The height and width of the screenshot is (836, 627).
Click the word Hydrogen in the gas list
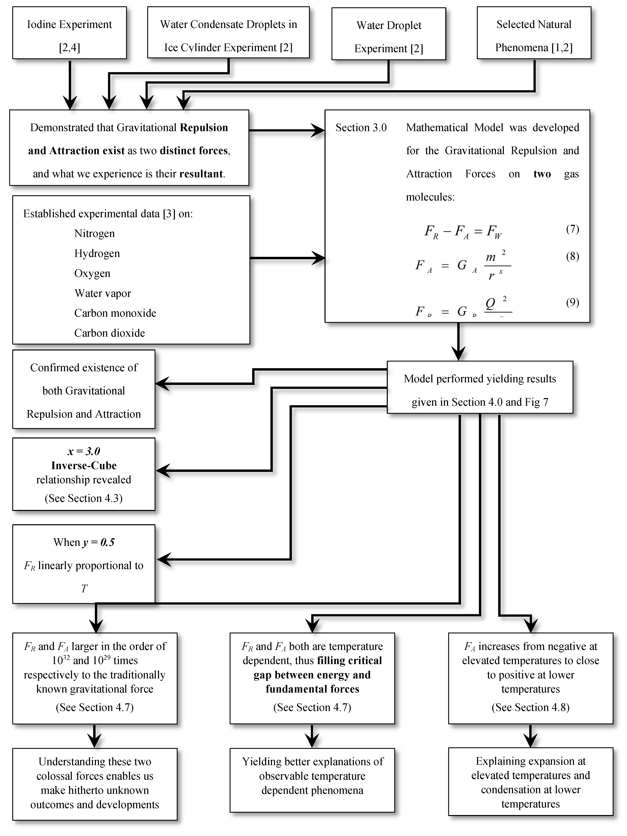point(97,253)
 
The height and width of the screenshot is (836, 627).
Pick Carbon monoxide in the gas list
point(115,313)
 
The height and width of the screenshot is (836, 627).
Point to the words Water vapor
point(103,293)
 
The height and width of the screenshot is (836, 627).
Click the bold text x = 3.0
point(84,451)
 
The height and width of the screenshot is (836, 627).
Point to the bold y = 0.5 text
point(99,542)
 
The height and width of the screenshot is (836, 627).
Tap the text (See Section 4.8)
point(530,707)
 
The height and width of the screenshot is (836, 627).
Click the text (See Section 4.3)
point(84,498)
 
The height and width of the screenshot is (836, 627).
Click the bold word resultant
point(201,174)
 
